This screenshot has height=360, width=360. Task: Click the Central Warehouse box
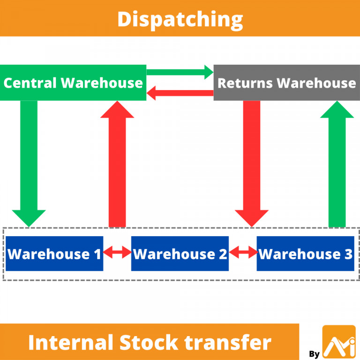click(x=73, y=83)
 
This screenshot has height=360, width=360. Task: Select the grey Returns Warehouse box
click(x=286, y=83)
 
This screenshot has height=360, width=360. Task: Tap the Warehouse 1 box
click(x=54, y=254)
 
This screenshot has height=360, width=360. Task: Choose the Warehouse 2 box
click(x=180, y=254)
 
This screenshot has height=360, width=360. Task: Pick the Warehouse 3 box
click(x=305, y=254)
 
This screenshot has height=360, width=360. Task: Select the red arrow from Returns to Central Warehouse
click(x=180, y=94)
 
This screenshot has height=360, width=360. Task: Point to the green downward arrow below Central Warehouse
click(x=29, y=159)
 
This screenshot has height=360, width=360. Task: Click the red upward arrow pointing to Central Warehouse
click(x=117, y=164)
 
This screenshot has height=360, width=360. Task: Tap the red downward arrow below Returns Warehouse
click(x=252, y=159)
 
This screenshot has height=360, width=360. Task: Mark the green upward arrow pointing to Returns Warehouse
click(x=337, y=164)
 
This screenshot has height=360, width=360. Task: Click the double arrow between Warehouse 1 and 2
click(x=117, y=254)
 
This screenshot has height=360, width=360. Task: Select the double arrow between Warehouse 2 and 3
click(x=243, y=254)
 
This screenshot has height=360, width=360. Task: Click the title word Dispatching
click(x=180, y=19)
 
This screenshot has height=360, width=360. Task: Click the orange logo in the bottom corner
click(x=339, y=342)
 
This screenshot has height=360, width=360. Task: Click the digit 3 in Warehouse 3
click(x=347, y=254)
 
